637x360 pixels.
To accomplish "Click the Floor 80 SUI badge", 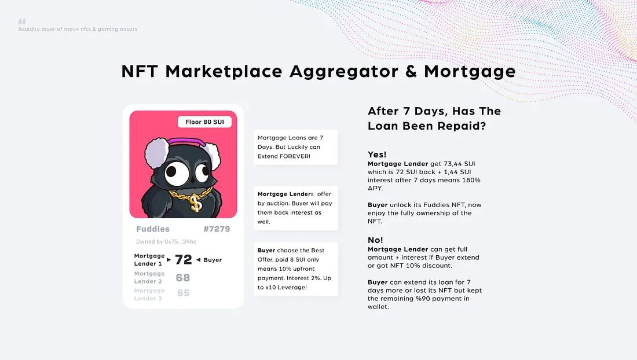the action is (205, 122).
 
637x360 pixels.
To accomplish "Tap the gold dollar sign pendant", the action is (195, 203).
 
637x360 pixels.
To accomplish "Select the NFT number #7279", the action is (217, 229).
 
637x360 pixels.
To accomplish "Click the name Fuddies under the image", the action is (153, 229).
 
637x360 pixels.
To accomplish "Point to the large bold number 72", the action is (183, 259).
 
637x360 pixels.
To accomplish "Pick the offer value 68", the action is (183, 278).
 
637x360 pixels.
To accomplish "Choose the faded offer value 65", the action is (183, 293).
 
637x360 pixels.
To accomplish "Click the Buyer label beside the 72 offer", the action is (213, 260).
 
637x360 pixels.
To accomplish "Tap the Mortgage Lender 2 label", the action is (149, 278).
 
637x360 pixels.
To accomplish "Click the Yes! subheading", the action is (377, 154).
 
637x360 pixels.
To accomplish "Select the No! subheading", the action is (375, 240).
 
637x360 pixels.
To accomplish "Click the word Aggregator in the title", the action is (343, 72).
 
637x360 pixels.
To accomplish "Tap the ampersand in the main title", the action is (411, 71).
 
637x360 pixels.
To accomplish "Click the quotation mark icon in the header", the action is (22, 21).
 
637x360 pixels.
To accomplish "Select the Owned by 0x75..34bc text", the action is (166, 241).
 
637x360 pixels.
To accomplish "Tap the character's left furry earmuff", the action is (157, 153).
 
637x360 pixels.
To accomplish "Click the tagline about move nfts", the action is (78, 29).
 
